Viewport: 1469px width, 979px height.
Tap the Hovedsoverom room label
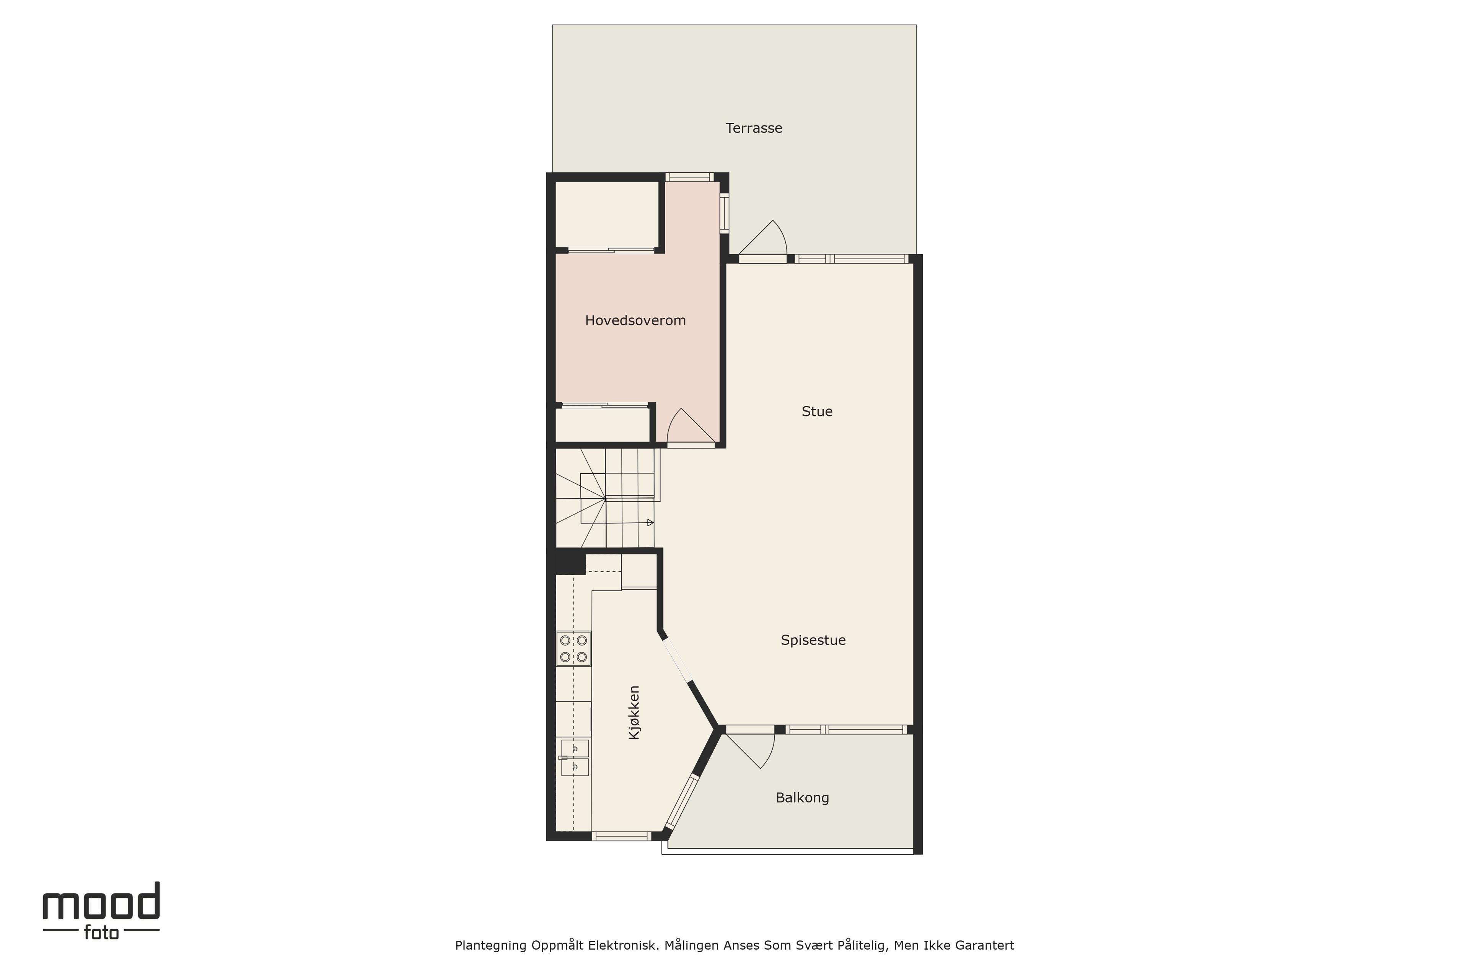[x=635, y=320]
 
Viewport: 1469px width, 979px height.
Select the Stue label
[x=817, y=411]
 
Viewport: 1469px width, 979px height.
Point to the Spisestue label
[x=813, y=640]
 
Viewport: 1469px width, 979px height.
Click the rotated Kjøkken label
[x=634, y=712]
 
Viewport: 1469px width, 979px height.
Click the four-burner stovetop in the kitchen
[x=573, y=649]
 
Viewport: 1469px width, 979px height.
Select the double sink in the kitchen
[x=574, y=757]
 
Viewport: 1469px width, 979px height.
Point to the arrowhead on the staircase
[x=650, y=523]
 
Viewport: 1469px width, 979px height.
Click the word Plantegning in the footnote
[x=491, y=946]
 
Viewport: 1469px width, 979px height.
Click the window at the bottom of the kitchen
[x=621, y=836]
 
